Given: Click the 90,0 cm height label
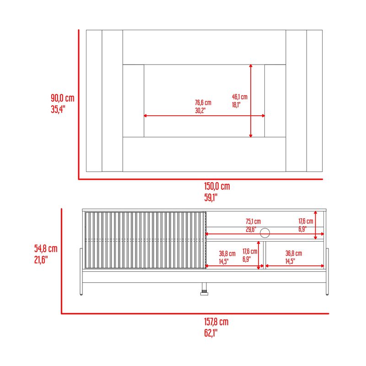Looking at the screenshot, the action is tap(63, 98).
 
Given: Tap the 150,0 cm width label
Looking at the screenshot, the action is tap(217, 186).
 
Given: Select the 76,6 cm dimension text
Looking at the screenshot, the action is tap(203, 102).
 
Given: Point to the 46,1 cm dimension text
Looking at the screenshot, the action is tap(240, 97).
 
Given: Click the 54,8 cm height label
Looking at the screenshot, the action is tap(46, 248).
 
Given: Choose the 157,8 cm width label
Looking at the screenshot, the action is tap(216, 322).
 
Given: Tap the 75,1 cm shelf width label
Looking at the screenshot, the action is tap(253, 221).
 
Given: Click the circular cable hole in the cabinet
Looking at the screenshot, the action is tap(265, 233).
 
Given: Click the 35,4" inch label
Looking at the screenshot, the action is tap(58, 109).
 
